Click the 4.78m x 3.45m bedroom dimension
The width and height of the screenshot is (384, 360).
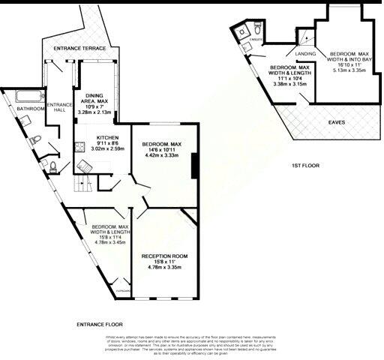(108, 243)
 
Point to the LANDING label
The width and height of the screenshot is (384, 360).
(304, 55)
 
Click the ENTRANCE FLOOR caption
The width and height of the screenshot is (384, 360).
(99, 325)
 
